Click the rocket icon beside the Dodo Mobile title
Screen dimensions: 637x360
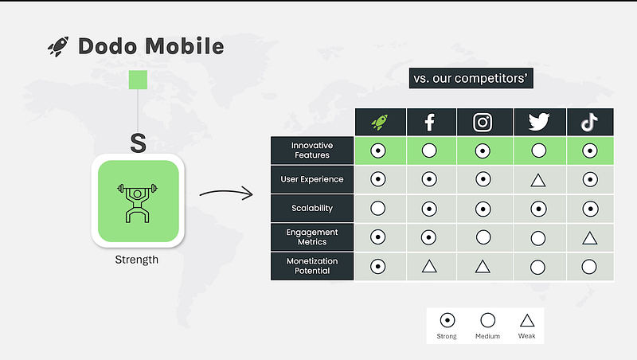[58, 46]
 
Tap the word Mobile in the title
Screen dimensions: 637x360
[185, 46]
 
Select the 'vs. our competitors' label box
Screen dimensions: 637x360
[471, 78]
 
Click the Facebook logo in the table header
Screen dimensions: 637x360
[429, 122]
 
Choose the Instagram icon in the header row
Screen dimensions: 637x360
[483, 122]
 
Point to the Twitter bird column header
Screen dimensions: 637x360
[539, 122]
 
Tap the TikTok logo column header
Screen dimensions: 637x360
[589, 122]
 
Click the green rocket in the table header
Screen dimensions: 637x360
[380, 122]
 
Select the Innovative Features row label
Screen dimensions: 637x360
[312, 151]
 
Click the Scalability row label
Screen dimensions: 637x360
[312, 208]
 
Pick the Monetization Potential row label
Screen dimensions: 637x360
[312, 266]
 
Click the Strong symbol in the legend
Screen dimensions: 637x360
[447, 321]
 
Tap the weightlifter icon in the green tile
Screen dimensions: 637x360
[137, 203]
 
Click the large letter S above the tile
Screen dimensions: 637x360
[138, 143]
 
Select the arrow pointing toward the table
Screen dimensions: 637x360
[226, 192]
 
